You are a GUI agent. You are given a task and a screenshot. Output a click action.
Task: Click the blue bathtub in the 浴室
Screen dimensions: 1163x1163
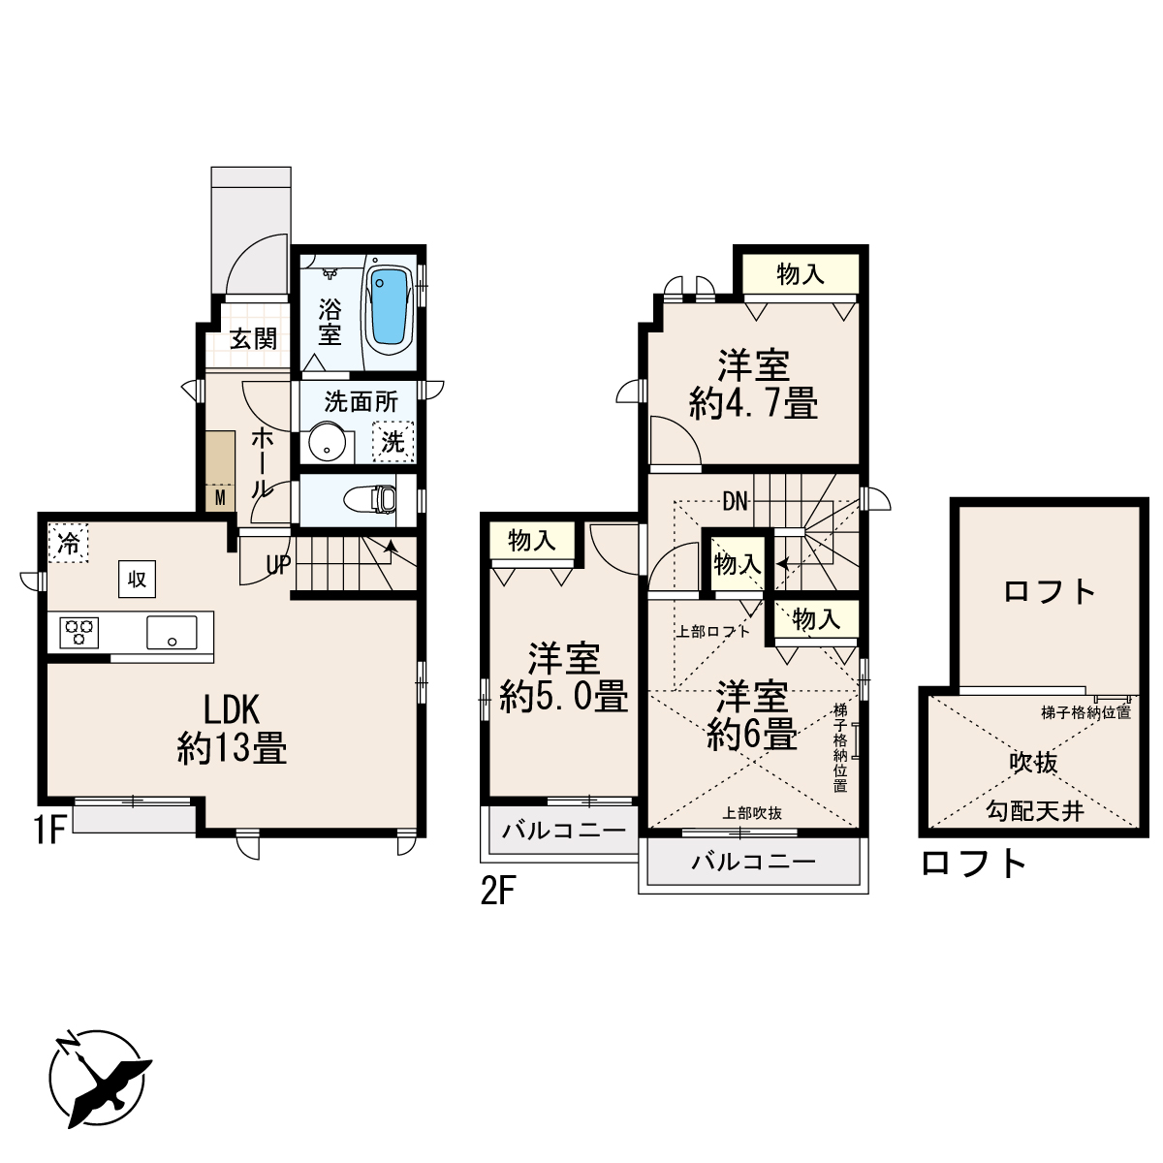(x=390, y=305)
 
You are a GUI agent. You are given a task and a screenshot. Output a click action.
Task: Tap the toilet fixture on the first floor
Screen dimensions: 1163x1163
(x=370, y=499)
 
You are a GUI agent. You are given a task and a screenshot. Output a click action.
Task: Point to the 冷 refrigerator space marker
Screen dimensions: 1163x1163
(x=68, y=543)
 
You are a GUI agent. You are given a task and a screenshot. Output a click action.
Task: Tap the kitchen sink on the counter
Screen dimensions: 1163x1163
(x=172, y=633)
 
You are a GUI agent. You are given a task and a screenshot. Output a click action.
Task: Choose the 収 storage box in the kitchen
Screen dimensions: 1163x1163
(x=137, y=580)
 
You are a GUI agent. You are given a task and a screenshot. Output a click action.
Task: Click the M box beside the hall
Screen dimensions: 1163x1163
(x=220, y=498)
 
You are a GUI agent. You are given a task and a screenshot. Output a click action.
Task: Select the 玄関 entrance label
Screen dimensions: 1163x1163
(x=254, y=339)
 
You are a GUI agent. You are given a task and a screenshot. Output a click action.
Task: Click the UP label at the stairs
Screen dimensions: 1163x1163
(x=279, y=565)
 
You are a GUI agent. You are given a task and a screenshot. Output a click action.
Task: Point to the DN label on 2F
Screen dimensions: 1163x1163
(x=735, y=501)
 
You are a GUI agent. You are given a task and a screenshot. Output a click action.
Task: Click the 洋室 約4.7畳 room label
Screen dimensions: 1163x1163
(x=753, y=385)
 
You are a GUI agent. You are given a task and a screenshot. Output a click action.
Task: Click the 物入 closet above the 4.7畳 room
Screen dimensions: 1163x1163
(x=801, y=274)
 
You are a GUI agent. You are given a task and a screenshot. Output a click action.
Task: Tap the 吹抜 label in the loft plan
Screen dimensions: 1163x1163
(x=1033, y=763)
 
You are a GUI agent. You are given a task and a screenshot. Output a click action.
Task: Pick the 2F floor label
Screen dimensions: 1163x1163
(x=498, y=892)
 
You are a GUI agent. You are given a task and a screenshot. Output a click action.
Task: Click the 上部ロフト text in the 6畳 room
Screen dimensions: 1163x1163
(x=712, y=632)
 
